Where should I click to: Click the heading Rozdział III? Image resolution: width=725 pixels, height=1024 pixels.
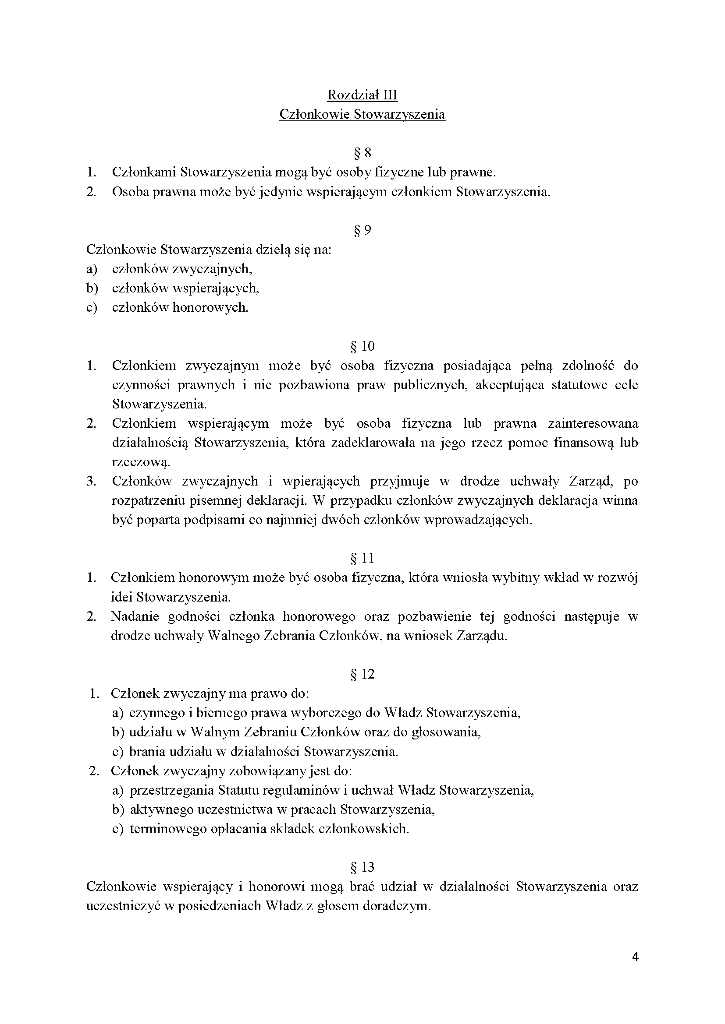point(362,95)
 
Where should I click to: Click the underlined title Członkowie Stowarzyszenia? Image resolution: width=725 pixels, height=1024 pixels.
point(362,115)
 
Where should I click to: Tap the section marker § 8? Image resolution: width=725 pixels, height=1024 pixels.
point(362,153)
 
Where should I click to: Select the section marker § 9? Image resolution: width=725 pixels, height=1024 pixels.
point(362,230)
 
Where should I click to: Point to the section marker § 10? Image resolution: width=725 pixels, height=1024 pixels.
point(362,346)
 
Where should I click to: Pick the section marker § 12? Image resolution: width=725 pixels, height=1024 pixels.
point(362,674)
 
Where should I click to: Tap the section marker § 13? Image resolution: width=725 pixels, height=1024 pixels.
point(362,867)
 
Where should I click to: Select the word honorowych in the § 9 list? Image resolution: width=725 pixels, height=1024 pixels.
point(210,308)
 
